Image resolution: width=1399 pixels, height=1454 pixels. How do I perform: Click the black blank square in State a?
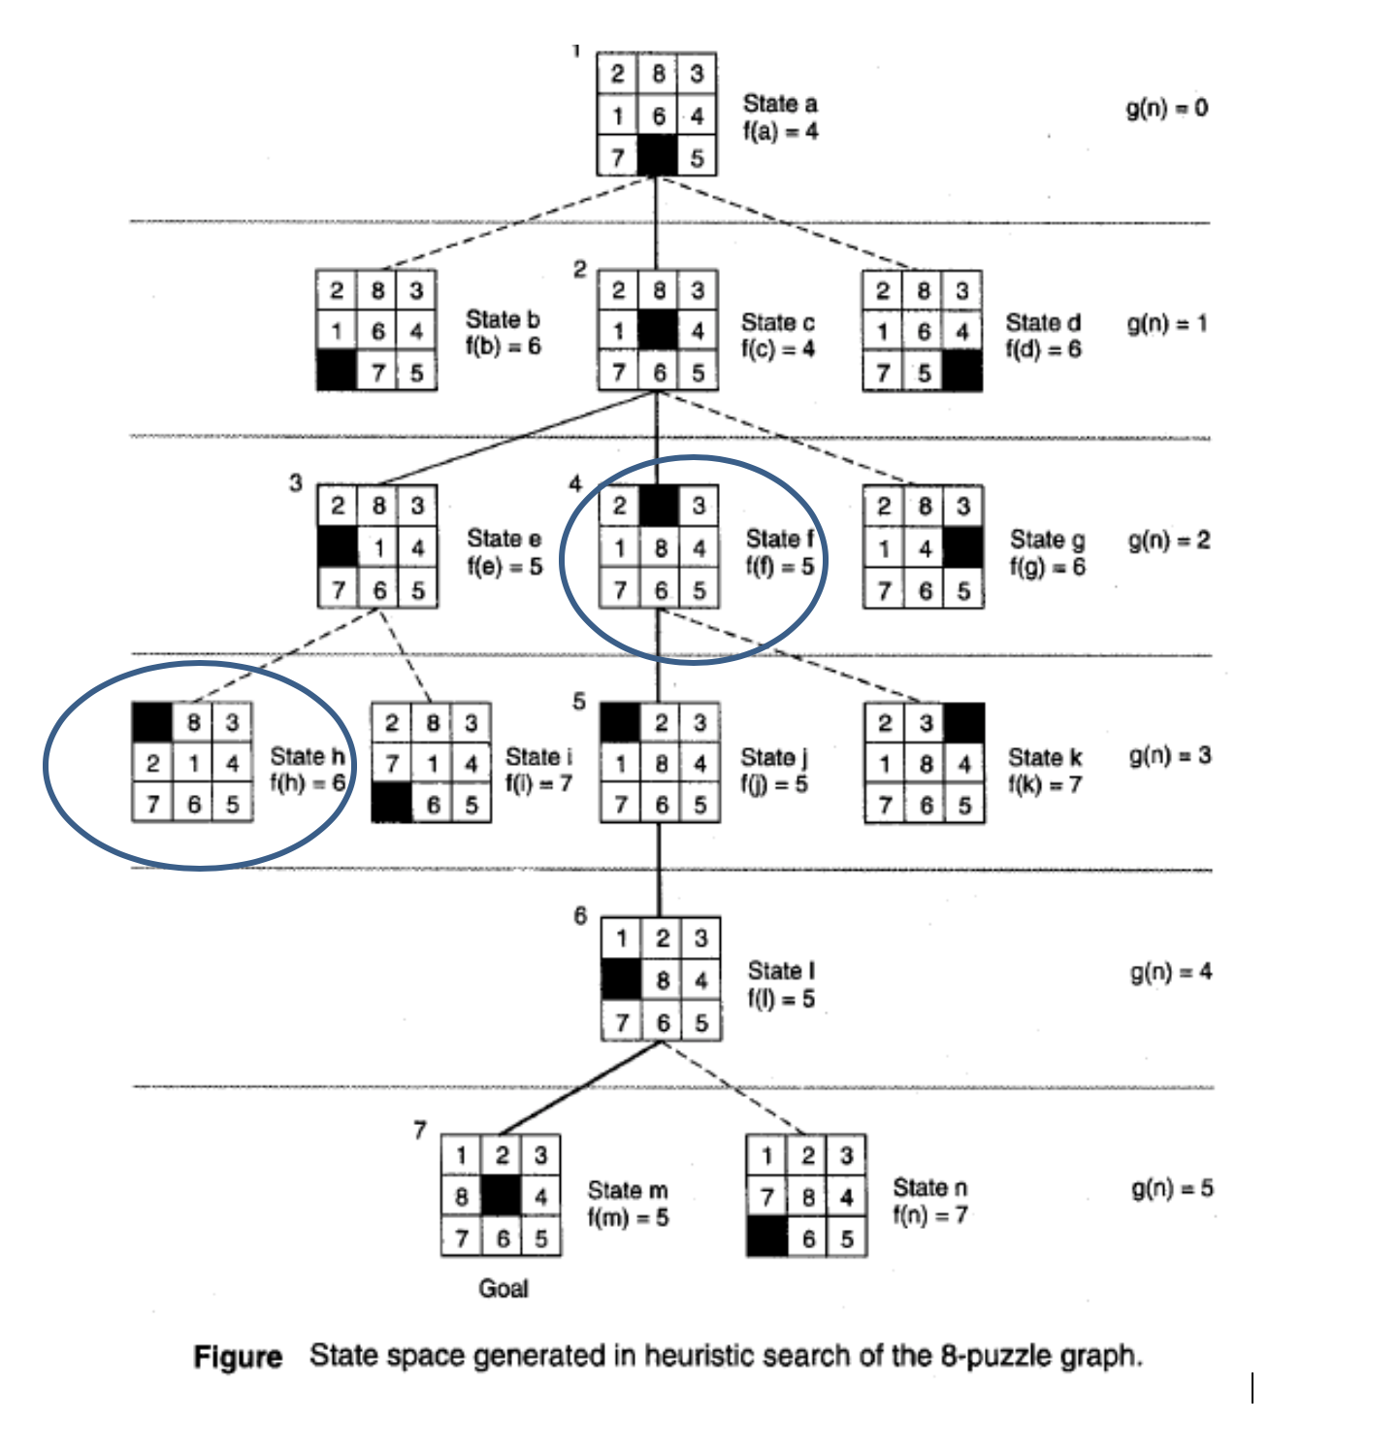coord(657,155)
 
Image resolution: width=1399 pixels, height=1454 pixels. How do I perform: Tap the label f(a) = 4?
coord(780,131)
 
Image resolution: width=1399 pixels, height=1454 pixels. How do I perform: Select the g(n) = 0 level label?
coord(1166,108)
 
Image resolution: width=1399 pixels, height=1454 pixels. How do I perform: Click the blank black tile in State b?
coord(337,372)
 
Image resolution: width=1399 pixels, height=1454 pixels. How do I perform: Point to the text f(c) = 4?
coord(778,348)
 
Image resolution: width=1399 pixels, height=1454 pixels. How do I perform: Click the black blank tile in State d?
coord(961,372)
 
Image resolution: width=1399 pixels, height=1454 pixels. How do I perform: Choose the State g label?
coord(1047,540)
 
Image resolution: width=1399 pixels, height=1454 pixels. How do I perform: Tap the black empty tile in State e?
coord(338,547)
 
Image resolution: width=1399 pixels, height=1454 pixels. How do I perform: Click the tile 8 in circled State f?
coord(660,548)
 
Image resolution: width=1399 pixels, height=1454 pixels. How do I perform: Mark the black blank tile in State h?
coord(152,722)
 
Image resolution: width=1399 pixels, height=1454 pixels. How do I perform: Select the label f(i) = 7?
coord(538,782)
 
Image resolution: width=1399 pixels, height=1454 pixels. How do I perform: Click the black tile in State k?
coord(964,723)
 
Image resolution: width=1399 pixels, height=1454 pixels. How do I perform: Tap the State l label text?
coord(781,971)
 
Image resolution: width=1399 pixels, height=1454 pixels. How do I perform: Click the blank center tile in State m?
coord(502,1196)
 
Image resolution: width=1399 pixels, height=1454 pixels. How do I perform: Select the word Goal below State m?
coord(504,1288)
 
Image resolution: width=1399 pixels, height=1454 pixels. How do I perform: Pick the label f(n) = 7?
coord(929,1214)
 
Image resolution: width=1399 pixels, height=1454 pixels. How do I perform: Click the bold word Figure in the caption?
coord(238,1356)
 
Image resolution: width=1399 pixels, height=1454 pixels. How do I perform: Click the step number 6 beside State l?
coord(580,915)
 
